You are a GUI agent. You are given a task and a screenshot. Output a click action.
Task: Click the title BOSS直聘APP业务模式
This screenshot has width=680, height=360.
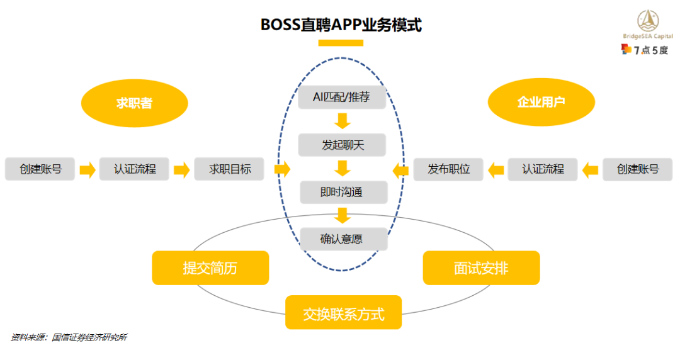341,25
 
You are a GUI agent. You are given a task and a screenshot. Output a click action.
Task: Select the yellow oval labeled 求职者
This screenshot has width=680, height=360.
135,103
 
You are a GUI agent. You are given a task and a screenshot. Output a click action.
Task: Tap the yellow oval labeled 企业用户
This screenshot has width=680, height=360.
541,101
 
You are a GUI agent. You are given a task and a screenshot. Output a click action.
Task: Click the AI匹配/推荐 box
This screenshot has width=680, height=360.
341,98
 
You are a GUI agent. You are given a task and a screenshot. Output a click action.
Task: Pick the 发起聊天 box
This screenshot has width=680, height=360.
343,145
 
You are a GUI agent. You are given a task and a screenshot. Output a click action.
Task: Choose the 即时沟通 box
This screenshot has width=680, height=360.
343,193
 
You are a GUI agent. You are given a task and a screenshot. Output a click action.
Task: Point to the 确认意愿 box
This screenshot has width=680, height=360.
343,239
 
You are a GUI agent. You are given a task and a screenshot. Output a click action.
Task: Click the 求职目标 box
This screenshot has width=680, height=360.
229,169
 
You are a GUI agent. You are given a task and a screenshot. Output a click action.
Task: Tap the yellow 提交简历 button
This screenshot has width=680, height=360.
210,268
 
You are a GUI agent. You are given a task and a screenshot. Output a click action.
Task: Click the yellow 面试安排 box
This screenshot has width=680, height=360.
481,268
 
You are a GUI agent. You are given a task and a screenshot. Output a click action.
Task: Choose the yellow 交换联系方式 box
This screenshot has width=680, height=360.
343,313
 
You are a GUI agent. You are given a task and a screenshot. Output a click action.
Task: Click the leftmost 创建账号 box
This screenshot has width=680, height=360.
40,169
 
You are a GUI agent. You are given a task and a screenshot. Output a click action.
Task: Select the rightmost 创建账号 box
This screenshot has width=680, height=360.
637,169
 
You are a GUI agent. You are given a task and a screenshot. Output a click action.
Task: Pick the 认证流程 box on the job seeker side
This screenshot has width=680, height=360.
135,169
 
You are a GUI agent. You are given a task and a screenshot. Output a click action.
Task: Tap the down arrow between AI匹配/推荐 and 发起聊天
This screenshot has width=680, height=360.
343,121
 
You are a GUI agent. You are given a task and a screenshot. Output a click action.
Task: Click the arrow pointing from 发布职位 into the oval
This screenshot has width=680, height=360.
400,169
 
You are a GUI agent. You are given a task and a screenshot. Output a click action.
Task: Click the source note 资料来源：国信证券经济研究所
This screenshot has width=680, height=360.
69,337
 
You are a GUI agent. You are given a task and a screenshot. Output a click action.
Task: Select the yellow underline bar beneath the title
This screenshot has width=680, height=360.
341,43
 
